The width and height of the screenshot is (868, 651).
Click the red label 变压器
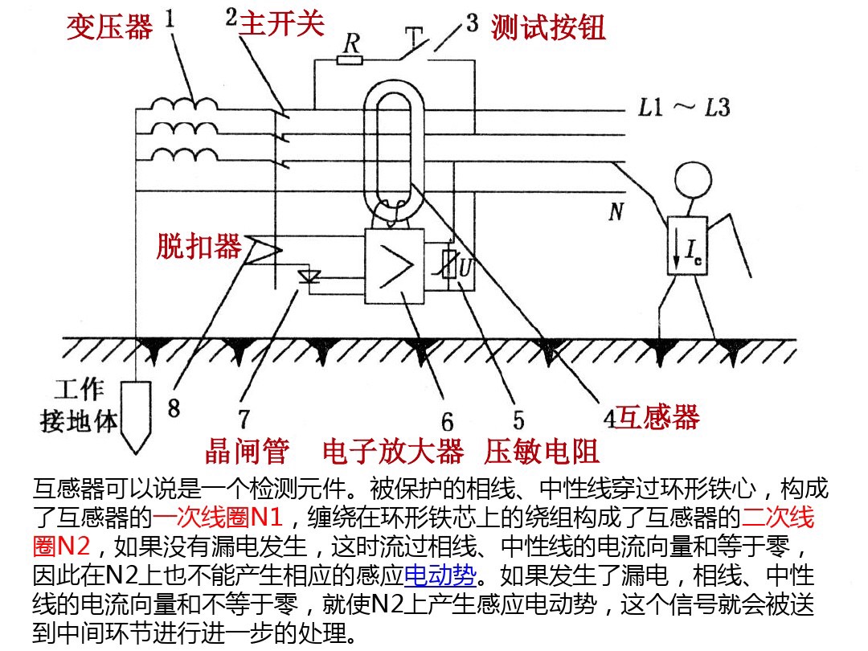pyautogui.click(x=109, y=27)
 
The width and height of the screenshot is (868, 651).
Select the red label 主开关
pyautogui.click(x=281, y=23)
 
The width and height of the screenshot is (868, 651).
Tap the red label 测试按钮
pyautogui.click(x=548, y=27)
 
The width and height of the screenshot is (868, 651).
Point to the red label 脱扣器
pyautogui.click(x=199, y=246)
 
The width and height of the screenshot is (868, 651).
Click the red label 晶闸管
pyautogui.click(x=247, y=452)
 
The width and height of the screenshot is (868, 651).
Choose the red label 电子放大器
pyautogui.click(x=393, y=452)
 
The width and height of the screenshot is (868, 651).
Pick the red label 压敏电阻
pyautogui.click(x=542, y=452)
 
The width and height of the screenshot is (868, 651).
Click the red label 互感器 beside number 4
pyautogui.click(x=657, y=417)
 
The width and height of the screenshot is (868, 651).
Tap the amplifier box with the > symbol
pyautogui.click(x=394, y=266)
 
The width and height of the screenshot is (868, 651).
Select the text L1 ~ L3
pyautogui.click(x=684, y=108)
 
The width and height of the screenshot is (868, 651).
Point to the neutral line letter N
pyautogui.click(x=616, y=212)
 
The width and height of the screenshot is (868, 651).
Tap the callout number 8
pyautogui.click(x=174, y=408)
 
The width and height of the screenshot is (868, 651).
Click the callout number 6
pyautogui.click(x=447, y=422)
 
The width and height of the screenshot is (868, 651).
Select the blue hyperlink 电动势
pyautogui.click(x=440, y=575)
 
